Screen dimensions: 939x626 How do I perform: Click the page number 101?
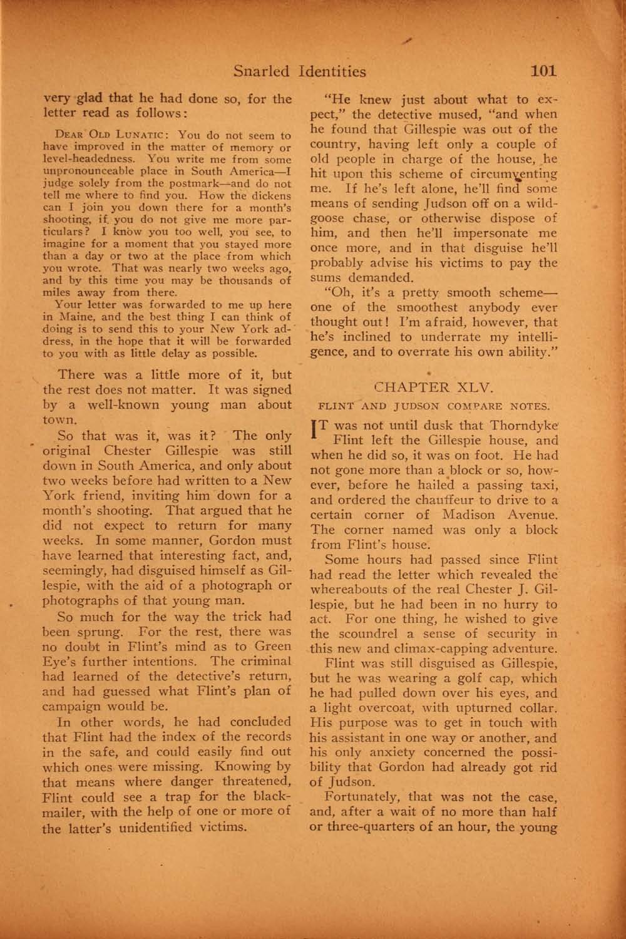click(543, 71)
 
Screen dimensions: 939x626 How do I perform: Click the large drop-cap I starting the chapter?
click(315, 428)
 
